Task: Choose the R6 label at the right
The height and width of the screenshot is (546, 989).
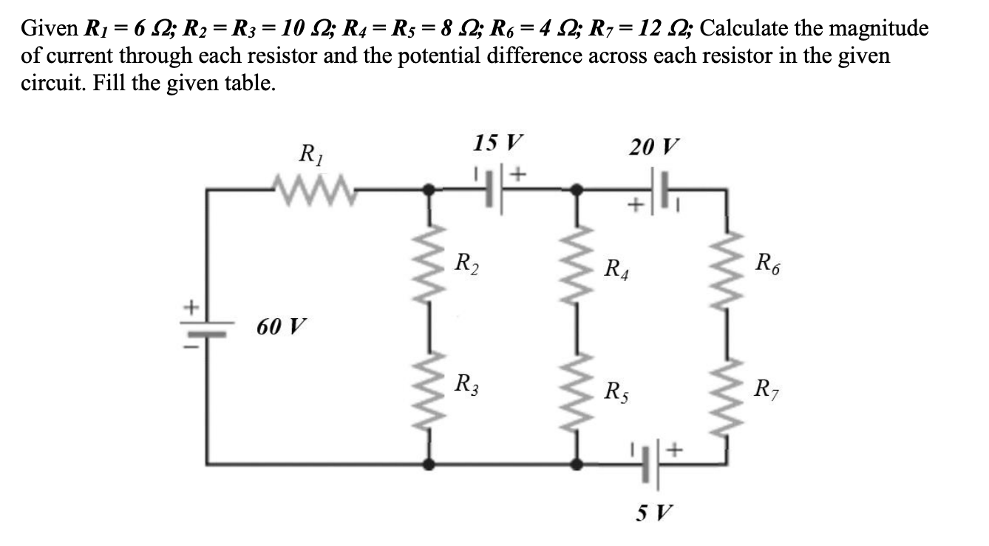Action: (x=767, y=263)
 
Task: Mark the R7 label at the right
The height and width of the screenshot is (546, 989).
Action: (x=767, y=386)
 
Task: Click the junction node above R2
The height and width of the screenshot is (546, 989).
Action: (x=428, y=189)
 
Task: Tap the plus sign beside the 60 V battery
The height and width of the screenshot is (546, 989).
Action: (x=191, y=305)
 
